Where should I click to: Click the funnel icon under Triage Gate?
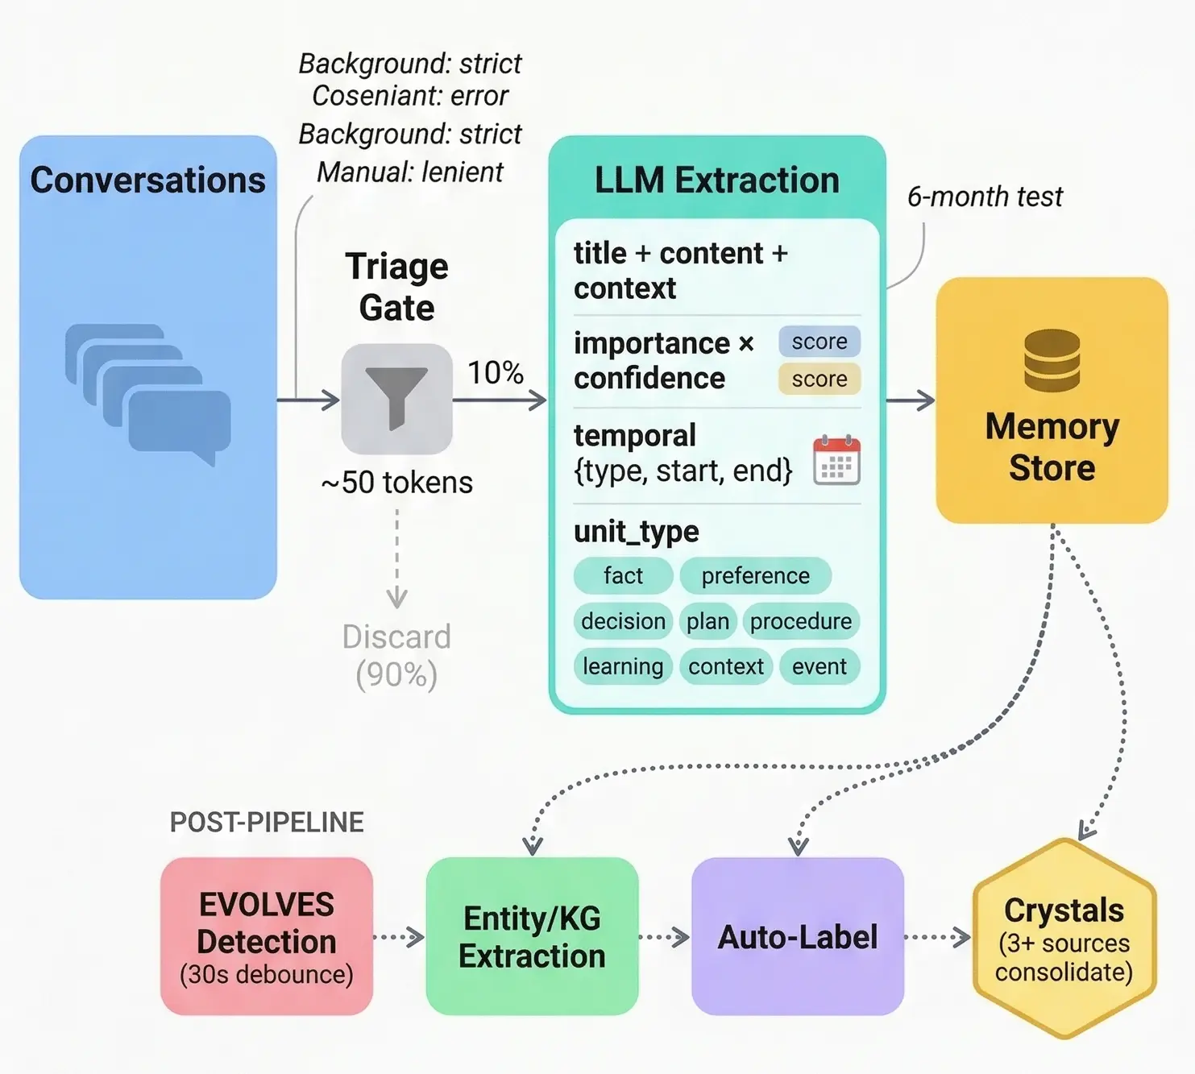396,399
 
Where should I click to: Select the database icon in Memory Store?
1052,360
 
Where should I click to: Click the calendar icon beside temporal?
836,460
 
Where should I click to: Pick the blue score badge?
819,342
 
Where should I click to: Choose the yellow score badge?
819,379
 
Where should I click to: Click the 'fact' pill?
623,575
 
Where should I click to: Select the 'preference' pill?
755,575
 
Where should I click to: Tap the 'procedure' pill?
800,621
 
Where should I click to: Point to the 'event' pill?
819,666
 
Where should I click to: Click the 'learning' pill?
623,666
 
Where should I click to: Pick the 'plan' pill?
707,621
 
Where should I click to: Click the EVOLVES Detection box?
267,936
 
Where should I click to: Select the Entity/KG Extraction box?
532,936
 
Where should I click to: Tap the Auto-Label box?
798,936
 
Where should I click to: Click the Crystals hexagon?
1064,939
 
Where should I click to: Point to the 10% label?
496,372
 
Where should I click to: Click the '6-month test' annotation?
985,197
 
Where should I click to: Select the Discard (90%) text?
396,655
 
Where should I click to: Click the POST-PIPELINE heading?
267,822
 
